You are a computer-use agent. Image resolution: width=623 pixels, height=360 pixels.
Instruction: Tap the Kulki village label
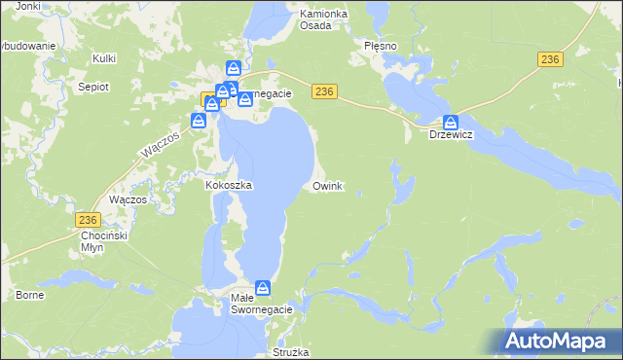tap(104, 59)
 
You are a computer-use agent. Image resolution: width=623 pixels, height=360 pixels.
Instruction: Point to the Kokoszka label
tap(230, 185)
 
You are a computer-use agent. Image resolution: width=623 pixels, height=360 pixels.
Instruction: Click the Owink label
tap(327, 185)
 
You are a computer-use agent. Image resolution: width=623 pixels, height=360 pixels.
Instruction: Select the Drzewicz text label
tap(451, 135)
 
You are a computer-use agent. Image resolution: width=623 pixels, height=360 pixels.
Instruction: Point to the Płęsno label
tap(381, 46)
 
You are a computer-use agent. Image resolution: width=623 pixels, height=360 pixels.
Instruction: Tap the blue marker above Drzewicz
tap(451, 123)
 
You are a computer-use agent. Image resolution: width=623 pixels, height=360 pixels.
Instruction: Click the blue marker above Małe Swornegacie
tap(263, 287)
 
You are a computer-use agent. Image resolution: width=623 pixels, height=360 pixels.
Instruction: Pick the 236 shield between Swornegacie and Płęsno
tap(325, 90)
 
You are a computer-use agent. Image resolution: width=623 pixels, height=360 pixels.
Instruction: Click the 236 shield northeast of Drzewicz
tap(550, 59)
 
